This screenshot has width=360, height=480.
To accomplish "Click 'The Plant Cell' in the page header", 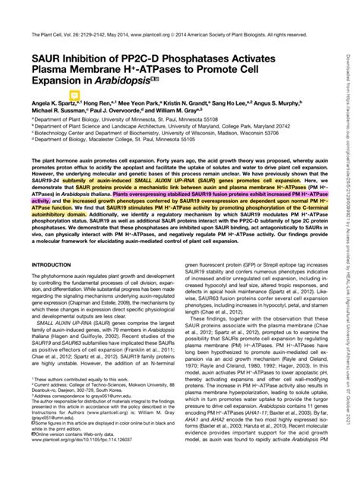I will click(45, 35).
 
